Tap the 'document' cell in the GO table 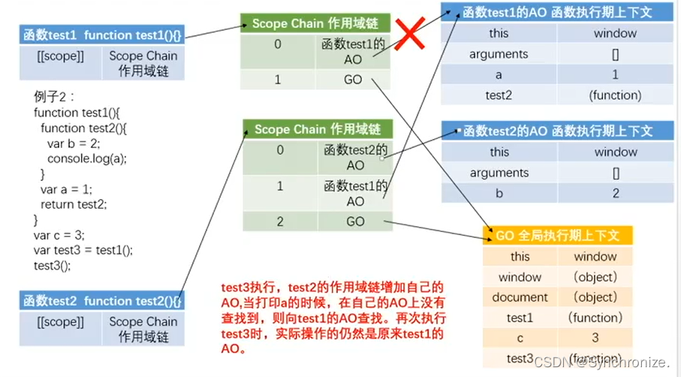520,297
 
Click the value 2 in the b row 615,193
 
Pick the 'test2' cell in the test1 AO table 499,95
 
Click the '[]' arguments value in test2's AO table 615,173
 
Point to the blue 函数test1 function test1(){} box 102,35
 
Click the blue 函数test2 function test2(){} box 102,301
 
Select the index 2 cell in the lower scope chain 279,222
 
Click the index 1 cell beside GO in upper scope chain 278,80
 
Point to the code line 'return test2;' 74,204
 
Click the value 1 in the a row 615,75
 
